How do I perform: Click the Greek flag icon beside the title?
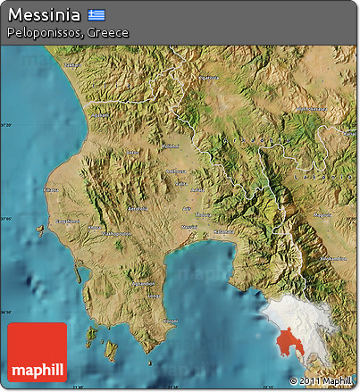point(96,16)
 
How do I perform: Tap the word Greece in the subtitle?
point(110,33)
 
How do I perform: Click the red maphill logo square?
point(37,351)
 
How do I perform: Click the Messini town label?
point(189,227)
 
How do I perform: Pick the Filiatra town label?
point(50,189)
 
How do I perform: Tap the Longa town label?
point(154,295)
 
